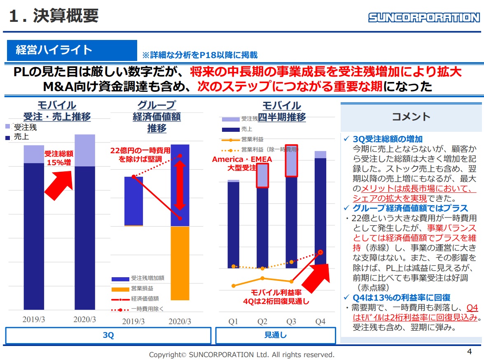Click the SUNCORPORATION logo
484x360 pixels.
click(x=424, y=17)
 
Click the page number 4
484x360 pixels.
click(x=469, y=351)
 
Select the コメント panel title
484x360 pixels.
click(x=411, y=117)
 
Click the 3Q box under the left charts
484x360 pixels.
click(x=108, y=335)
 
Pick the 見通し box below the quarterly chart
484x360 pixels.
click(x=275, y=335)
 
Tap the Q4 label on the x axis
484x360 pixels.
click(x=320, y=321)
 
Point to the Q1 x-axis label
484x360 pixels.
click(x=233, y=321)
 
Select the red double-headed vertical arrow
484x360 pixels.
click(x=180, y=185)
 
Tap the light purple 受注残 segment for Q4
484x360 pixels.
click(x=320, y=154)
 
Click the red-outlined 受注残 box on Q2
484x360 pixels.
click(x=262, y=176)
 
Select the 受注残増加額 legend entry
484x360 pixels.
click(x=138, y=278)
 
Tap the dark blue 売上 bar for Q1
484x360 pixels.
click(x=233, y=224)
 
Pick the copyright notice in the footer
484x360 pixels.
click(x=241, y=354)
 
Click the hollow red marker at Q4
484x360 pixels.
click(x=320, y=252)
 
